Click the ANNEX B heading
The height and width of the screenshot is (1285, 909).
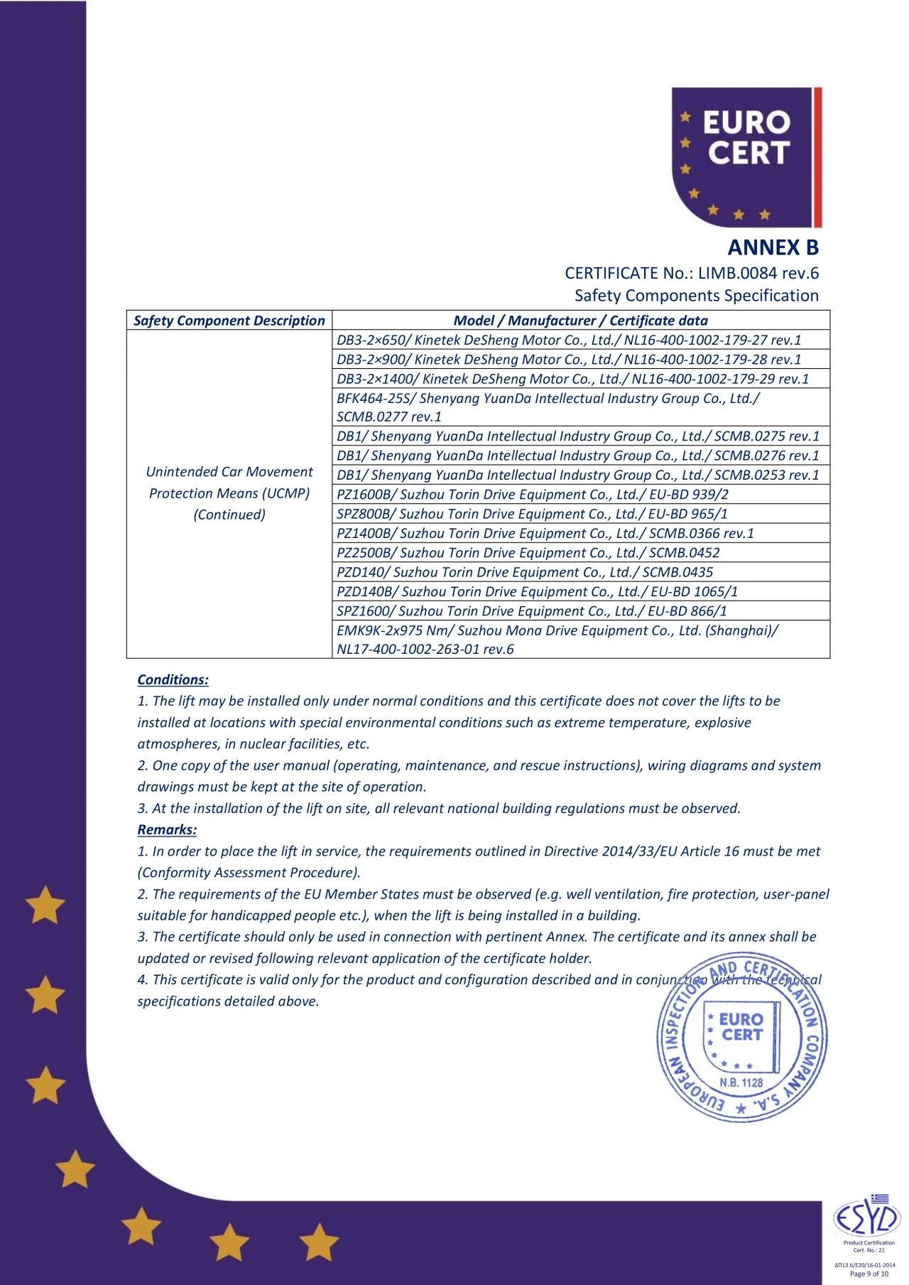click(x=773, y=247)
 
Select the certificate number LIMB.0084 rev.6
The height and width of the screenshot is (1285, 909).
click(x=758, y=273)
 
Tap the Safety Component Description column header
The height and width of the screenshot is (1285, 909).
click(x=229, y=321)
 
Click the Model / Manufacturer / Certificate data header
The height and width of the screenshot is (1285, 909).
click(x=580, y=321)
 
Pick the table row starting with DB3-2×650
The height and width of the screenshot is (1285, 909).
click(x=568, y=340)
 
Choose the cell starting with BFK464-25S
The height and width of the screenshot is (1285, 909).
click(x=548, y=407)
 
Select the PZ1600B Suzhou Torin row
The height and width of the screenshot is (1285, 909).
click(x=533, y=495)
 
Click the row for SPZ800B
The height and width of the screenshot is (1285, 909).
click(x=532, y=514)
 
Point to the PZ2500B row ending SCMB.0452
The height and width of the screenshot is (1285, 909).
click(x=528, y=553)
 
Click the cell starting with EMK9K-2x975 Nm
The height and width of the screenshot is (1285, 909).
click(x=557, y=640)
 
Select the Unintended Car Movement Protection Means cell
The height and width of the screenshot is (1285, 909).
click(x=229, y=493)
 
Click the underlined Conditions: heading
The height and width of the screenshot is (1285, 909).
click(x=173, y=679)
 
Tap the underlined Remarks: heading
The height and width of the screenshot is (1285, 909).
click(x=167, y=829)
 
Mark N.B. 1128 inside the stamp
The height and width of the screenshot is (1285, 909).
click(x=741, y=1082)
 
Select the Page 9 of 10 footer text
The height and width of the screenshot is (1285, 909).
click(x=869, y=1274)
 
